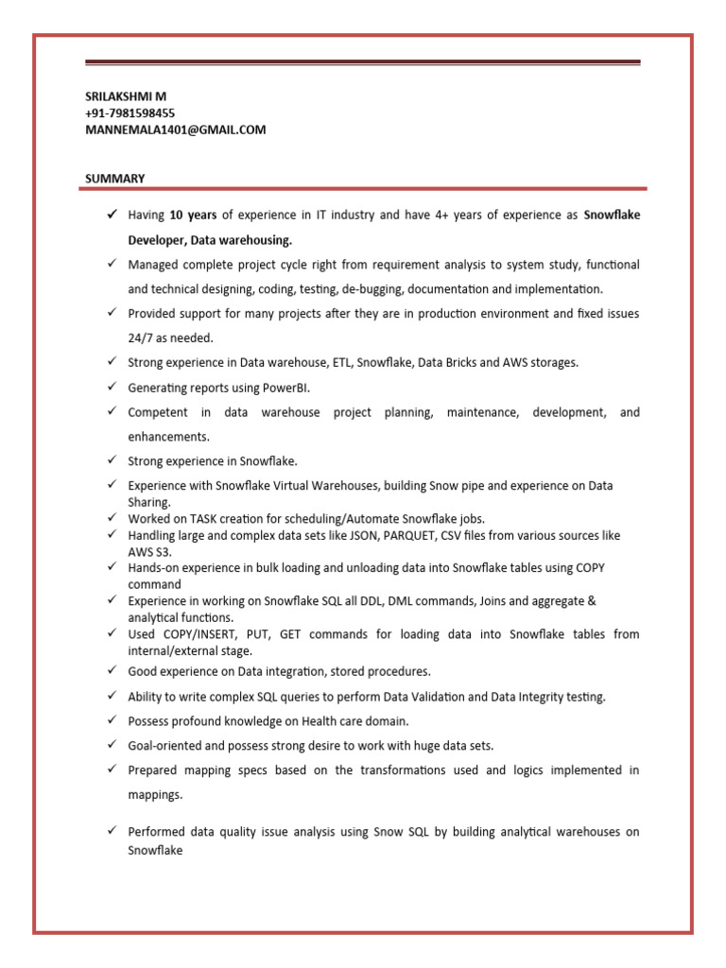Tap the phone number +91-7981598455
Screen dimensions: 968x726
(x=130, y=113)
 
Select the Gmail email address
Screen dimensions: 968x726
(x=175, y=130)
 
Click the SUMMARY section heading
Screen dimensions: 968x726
(x=114, y=178)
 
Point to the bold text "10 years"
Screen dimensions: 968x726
(x=193, y=216)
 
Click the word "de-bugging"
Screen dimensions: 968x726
(x=374, y=288)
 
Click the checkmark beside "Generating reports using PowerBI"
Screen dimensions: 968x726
(x=111, y=388)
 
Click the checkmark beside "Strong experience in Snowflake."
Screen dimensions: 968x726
(x=111, y=461)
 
